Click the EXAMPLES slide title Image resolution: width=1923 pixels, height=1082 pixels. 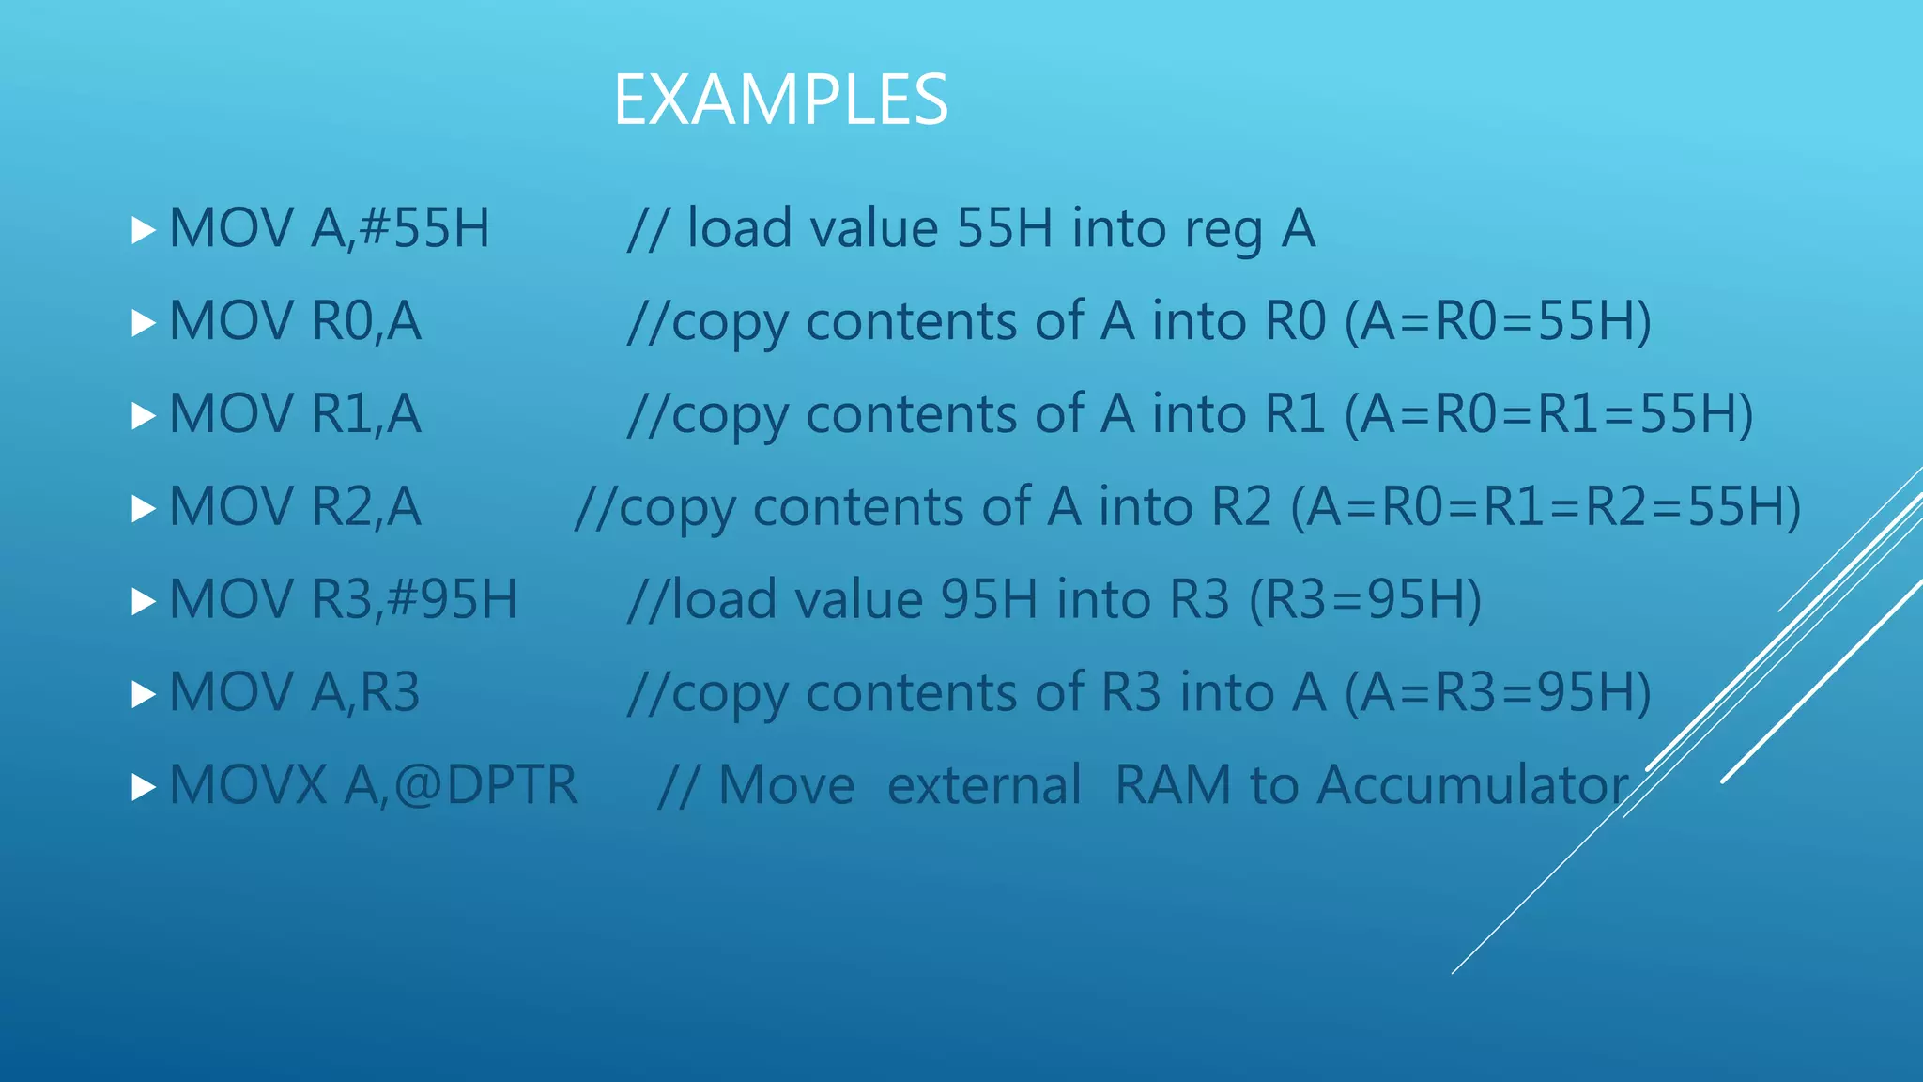780,100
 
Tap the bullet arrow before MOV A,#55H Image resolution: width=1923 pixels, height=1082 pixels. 143,230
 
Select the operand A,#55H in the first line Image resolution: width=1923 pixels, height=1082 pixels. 401,228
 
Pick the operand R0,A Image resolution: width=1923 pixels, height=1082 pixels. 366,321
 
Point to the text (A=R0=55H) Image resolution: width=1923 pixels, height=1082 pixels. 1498,321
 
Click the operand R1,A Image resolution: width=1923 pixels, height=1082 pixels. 366,414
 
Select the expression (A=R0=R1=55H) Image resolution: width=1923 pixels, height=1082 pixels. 1548,414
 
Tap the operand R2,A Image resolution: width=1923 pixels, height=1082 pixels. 366,507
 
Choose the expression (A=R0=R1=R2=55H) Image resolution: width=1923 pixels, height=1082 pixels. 1546,507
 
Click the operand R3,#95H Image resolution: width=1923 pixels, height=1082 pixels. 414,599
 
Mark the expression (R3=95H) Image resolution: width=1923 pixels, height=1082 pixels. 1365,599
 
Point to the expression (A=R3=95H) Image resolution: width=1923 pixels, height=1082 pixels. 1498,692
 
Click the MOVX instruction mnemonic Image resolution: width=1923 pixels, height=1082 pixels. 248,785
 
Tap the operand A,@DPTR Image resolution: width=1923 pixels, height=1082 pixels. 461,785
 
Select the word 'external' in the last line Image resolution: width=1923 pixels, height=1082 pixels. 984,785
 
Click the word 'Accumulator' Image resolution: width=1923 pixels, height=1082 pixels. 1472,785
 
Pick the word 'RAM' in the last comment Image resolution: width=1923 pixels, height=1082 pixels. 1173,785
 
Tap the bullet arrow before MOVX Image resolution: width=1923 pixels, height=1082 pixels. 143,787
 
